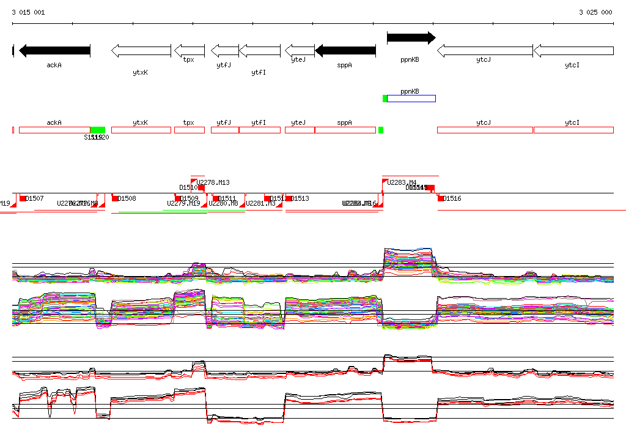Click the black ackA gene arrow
pyautogui.click(x=54, y=50)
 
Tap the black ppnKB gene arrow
pyautogui.click(x=411, y=38)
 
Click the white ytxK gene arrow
pyautogui.click(x=141, y=50)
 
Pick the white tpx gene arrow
pyautogui.click(x=190, y=50)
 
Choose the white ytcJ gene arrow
pyautogui.click(x=484, y=50)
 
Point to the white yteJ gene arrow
pyautogui.click(x=300, y=50)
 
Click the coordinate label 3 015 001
pyautogui.click(x=28, y=12)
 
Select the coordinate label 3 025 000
pyautogui.click(x=595, y=12)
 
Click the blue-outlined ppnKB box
pyautogui.click(x=411, y=99)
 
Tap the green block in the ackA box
pyautogui.click(x=97, y=130)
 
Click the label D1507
pyautogui.click(x=35, y=198)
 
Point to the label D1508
pyautogui.click(x=127, y=198)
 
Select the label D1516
pyautogui.click(x=452, y=198)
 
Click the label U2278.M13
pyautogui.click(x=213, y=182)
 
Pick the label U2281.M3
pyautogui.click(x=260, y=203)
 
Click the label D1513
pyautogui.click(x=300, y=198)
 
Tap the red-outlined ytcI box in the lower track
pyautogui.click(x=573, y=130)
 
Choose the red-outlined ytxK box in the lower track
pyautogui.click(x=141, y=130)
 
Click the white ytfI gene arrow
pyautogui.click(x=260, y=50)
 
